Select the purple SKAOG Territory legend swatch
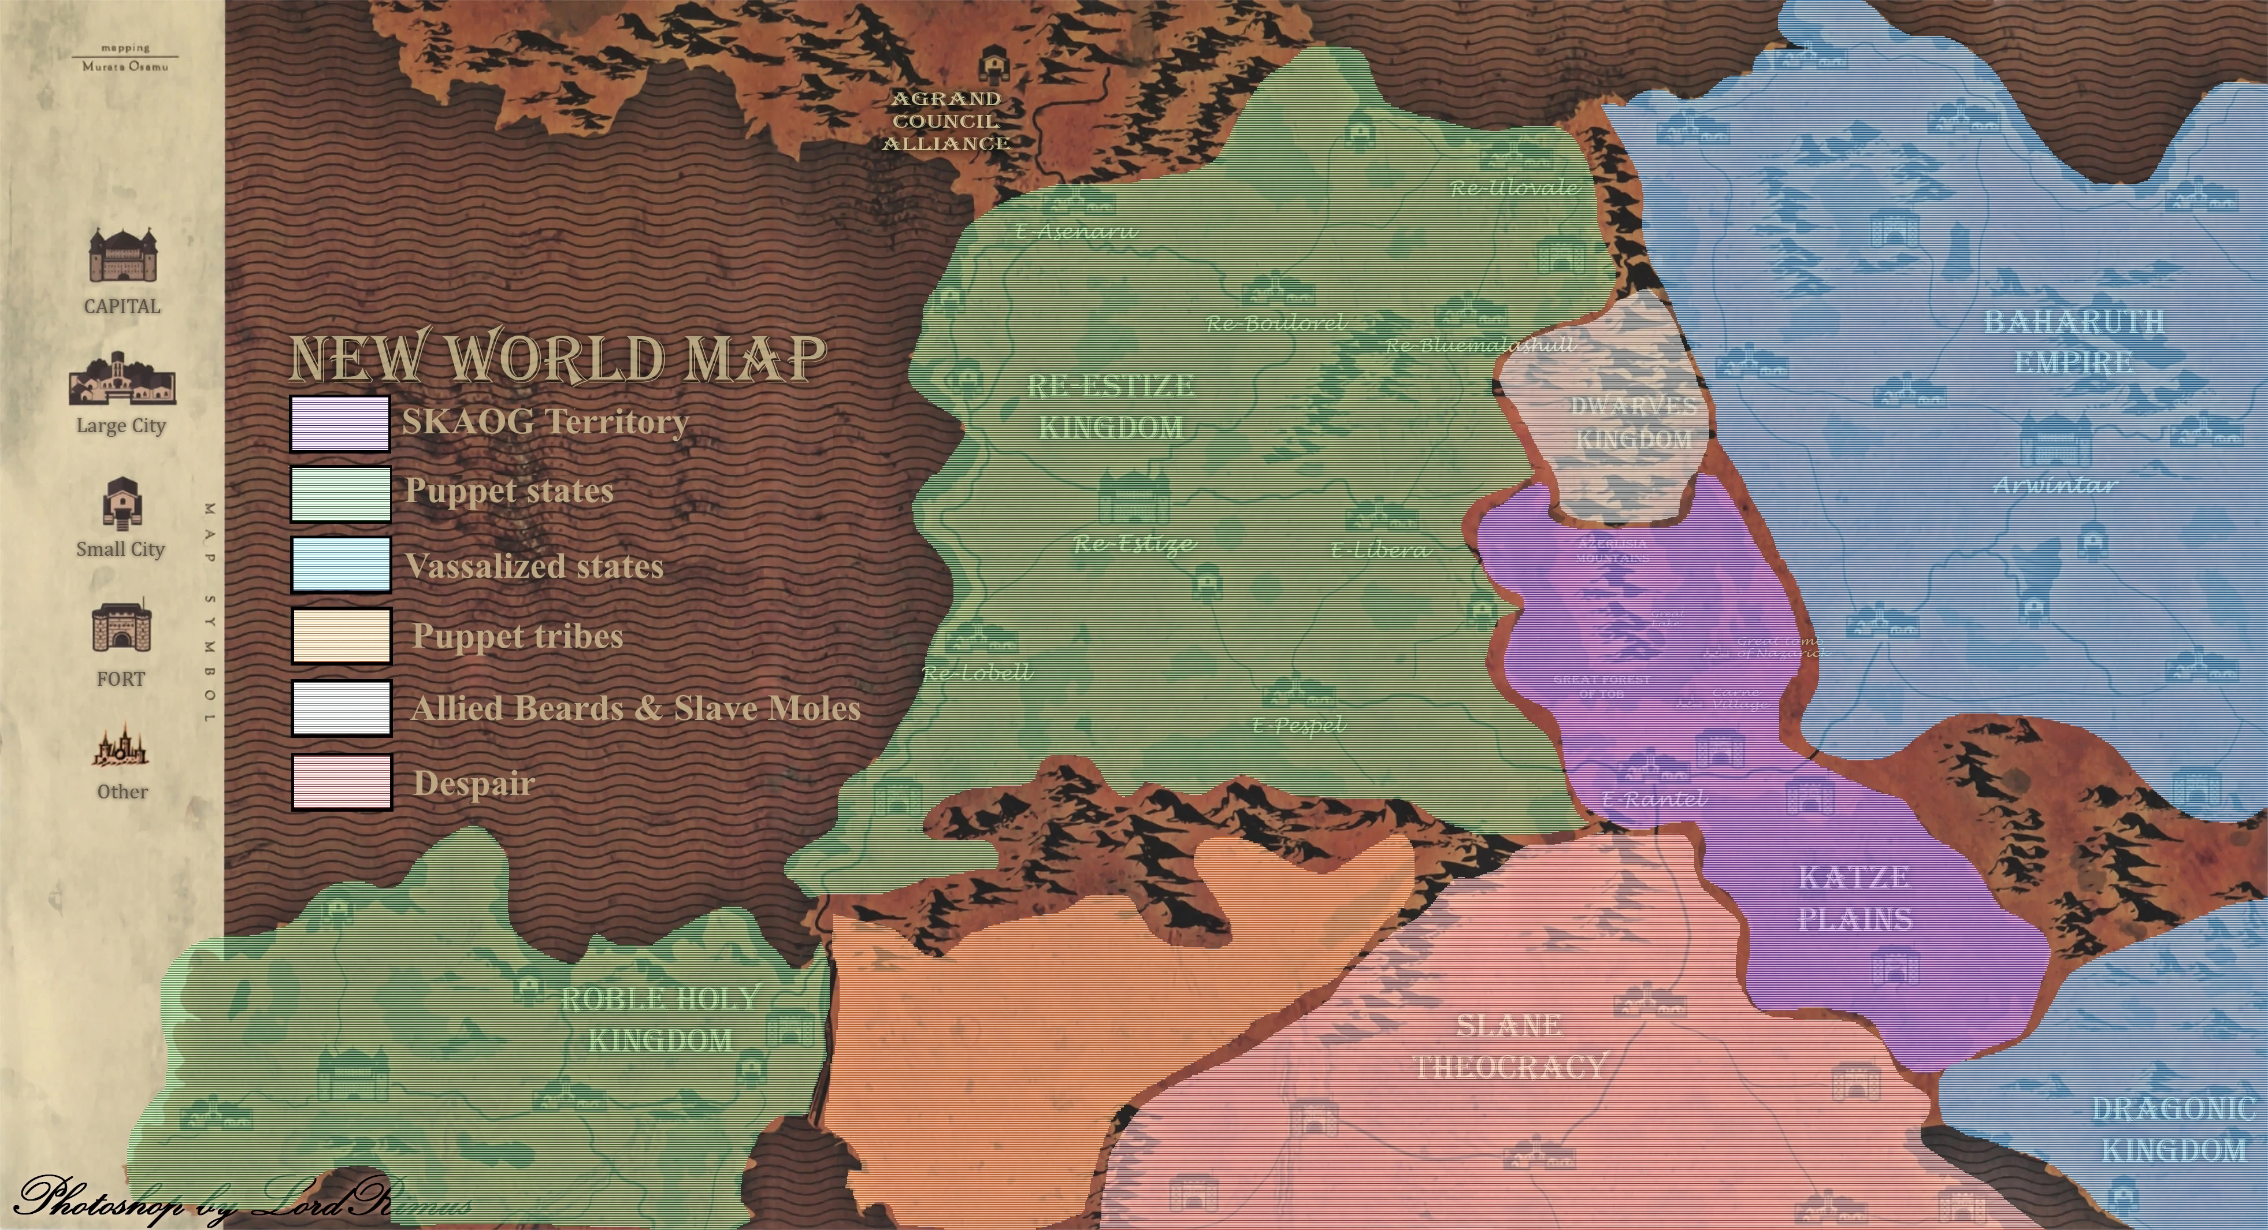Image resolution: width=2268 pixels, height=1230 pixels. point(340,423)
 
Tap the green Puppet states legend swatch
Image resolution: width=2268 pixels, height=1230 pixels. point(340,494)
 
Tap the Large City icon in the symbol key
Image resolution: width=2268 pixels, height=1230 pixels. point(123,378)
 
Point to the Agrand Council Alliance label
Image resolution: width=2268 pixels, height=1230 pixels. point(946,121)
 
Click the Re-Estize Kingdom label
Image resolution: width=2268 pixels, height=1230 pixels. point(1110,407)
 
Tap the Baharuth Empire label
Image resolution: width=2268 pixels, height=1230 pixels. point(2073,341)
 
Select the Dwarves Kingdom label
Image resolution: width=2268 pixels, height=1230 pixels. point(1633,423)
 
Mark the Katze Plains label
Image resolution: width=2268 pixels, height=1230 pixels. point(1855,898)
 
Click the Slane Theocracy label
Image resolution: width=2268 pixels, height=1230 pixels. point(1510,1046)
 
